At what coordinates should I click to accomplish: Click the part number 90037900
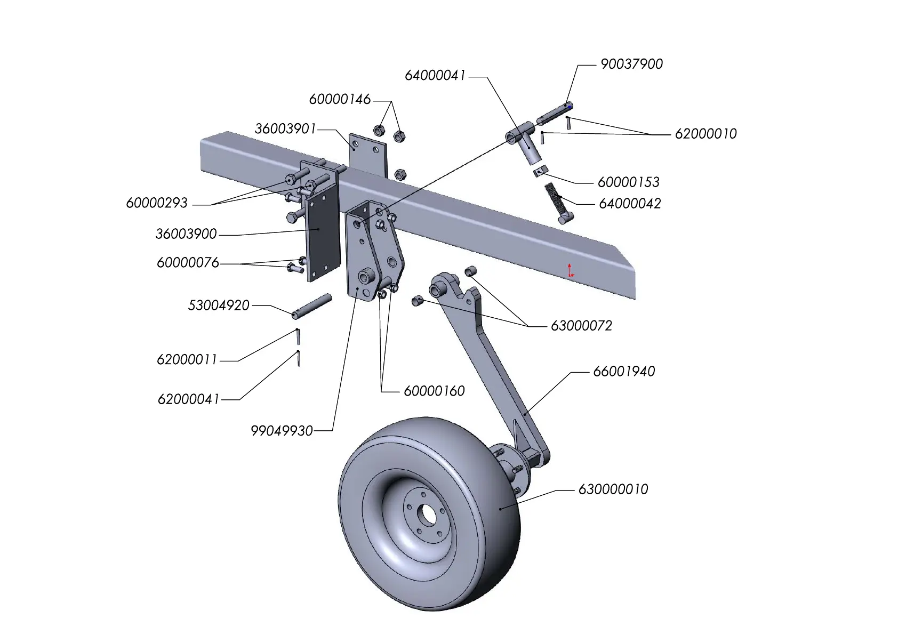tap(631, 64)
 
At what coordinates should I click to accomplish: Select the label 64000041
tap(435, 76)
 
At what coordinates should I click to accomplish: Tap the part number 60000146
tap(340, 99)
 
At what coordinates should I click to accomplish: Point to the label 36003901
tap(285, 129)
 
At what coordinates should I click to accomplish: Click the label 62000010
tap(705, 134)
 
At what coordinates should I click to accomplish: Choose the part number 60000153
tap(628, 182)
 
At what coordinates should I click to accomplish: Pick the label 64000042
tap(630, 204)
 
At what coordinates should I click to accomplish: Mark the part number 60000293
tap(157, 203)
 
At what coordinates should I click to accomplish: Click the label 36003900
tap(186, 234)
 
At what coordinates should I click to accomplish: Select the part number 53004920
tap(219, 306)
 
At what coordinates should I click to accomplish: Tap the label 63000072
tap(581, 326)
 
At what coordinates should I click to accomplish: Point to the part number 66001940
tap(624, 372)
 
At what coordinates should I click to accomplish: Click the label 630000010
tap(613, 489)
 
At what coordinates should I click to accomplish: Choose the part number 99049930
tap(282, 431)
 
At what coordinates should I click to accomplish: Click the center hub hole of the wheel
tap(426, 515)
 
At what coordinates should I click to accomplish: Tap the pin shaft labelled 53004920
tap(312, 306)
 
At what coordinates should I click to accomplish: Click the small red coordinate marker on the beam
tap(571, 270)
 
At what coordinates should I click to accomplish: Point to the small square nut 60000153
tap(540, 170)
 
